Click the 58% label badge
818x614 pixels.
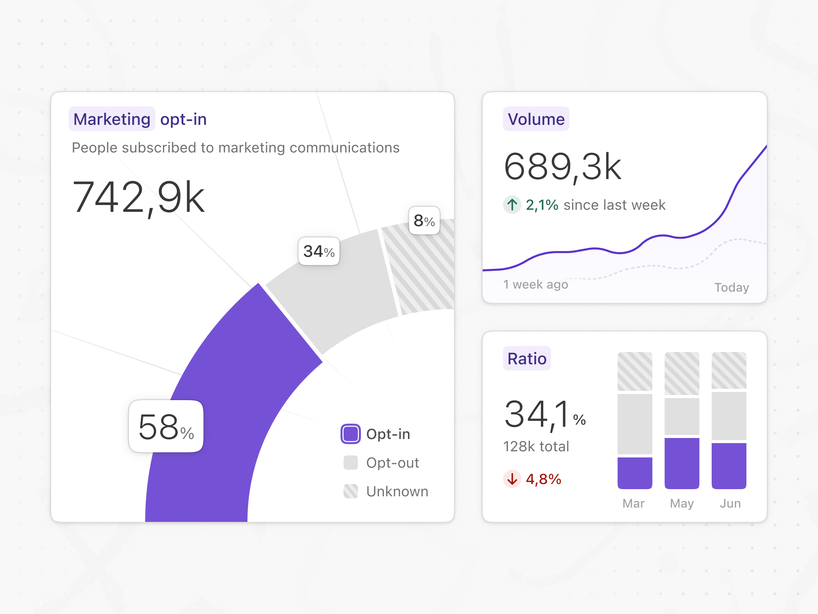pos(166,426)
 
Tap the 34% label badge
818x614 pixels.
pos(319,251)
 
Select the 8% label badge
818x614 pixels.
pos(424,221)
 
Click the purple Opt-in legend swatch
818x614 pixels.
pos(350,434)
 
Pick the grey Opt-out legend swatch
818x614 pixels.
pos(350,463)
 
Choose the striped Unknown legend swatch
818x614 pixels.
pos(350,491)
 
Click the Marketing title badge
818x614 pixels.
pos(112,119)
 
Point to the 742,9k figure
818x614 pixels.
pos(139,197)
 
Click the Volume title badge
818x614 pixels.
pos(536,119)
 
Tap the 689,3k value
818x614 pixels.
pos(562,166)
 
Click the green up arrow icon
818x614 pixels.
pos(512,205)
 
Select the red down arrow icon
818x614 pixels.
pos(512,479)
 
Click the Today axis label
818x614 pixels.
pos(731,287)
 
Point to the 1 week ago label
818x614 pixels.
pos(535,284)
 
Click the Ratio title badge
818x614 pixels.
pos(527,358)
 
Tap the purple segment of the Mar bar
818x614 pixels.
pos(635,473)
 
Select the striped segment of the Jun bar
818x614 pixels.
pos(728,370)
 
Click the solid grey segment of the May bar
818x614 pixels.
pos(682,416)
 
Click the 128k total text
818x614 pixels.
pos(536,446)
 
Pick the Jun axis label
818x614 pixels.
pos(730,503)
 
